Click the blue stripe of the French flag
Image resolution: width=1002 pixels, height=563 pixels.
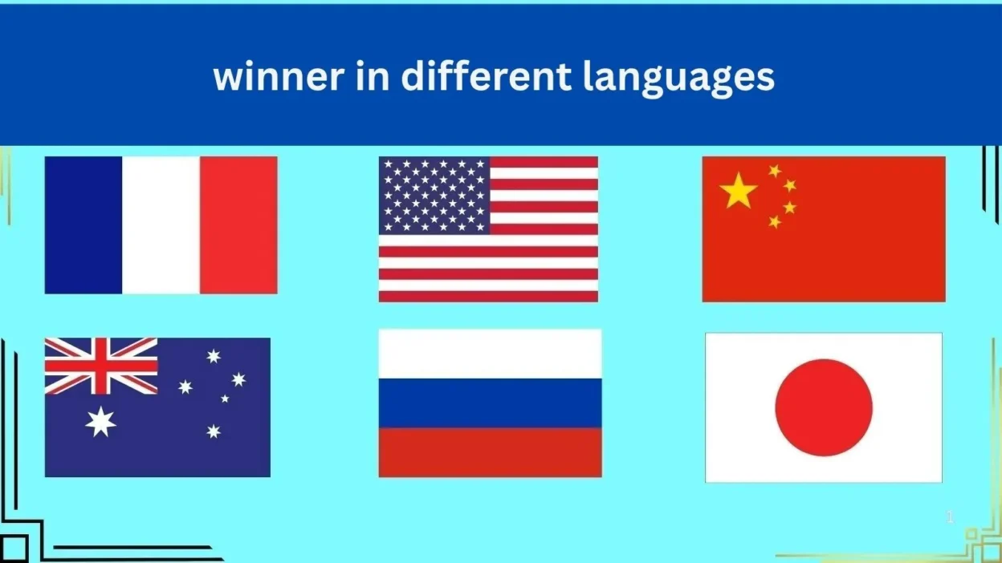(83, 225)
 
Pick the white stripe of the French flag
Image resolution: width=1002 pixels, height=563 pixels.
(161, 225)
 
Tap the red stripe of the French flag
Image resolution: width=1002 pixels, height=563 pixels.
(238, 225)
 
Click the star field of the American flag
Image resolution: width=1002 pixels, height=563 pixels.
(434, 195)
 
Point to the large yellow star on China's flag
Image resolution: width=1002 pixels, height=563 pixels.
(739, 191)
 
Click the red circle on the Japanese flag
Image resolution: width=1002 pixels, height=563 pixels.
(824, 407)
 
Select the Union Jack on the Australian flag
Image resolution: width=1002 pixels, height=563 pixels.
(101, 366)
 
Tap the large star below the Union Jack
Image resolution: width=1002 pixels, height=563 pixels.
(101, 421)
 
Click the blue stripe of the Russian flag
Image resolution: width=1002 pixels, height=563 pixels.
(490, 403)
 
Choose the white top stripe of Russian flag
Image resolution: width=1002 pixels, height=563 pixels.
(490, 354)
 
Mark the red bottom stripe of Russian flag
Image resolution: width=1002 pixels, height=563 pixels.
(490, 452)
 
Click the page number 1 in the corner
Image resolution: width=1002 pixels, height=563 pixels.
(950, 517)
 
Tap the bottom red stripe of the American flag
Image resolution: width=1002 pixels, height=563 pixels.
(488, 297)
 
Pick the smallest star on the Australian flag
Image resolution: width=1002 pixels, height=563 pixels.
(225, 398)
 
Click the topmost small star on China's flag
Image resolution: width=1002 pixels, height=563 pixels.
(775, 171)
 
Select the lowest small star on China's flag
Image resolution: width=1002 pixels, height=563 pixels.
(775, 221)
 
